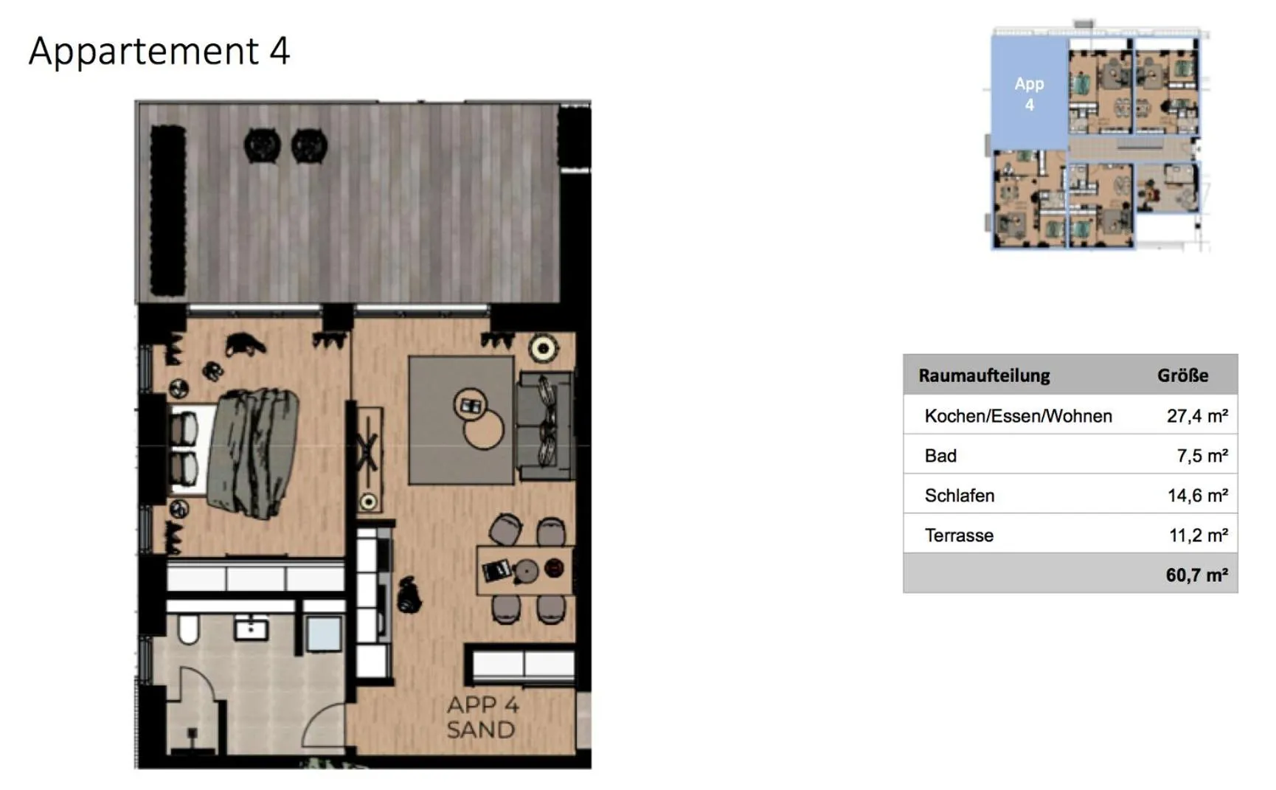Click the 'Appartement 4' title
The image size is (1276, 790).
[x=159, y=51]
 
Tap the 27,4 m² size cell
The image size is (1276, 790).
[x=1196, y=416]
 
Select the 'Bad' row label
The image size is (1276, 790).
[x=940, y=456]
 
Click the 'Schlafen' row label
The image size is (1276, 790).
[x=959, y=496]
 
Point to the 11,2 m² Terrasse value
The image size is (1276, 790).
[x=1198, y=536]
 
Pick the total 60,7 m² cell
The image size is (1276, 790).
[x=1196, y=575]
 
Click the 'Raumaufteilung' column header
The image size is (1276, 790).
[x=984, y=375]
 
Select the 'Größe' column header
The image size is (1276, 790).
[x=1182, y=375]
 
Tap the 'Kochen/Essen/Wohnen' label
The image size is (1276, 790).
[x=1018, y=416]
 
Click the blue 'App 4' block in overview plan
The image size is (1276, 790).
[x=1029, y=94]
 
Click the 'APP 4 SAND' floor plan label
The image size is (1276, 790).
[x=482, y=717]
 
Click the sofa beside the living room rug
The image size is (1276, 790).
[x=545, y=426]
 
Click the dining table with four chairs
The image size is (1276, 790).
[x=524, y=569]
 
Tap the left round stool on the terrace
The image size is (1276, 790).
[x=262, y=145]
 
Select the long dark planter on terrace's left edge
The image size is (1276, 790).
[x=167, y=210]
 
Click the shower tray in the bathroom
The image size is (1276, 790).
[x=323, y=633]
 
